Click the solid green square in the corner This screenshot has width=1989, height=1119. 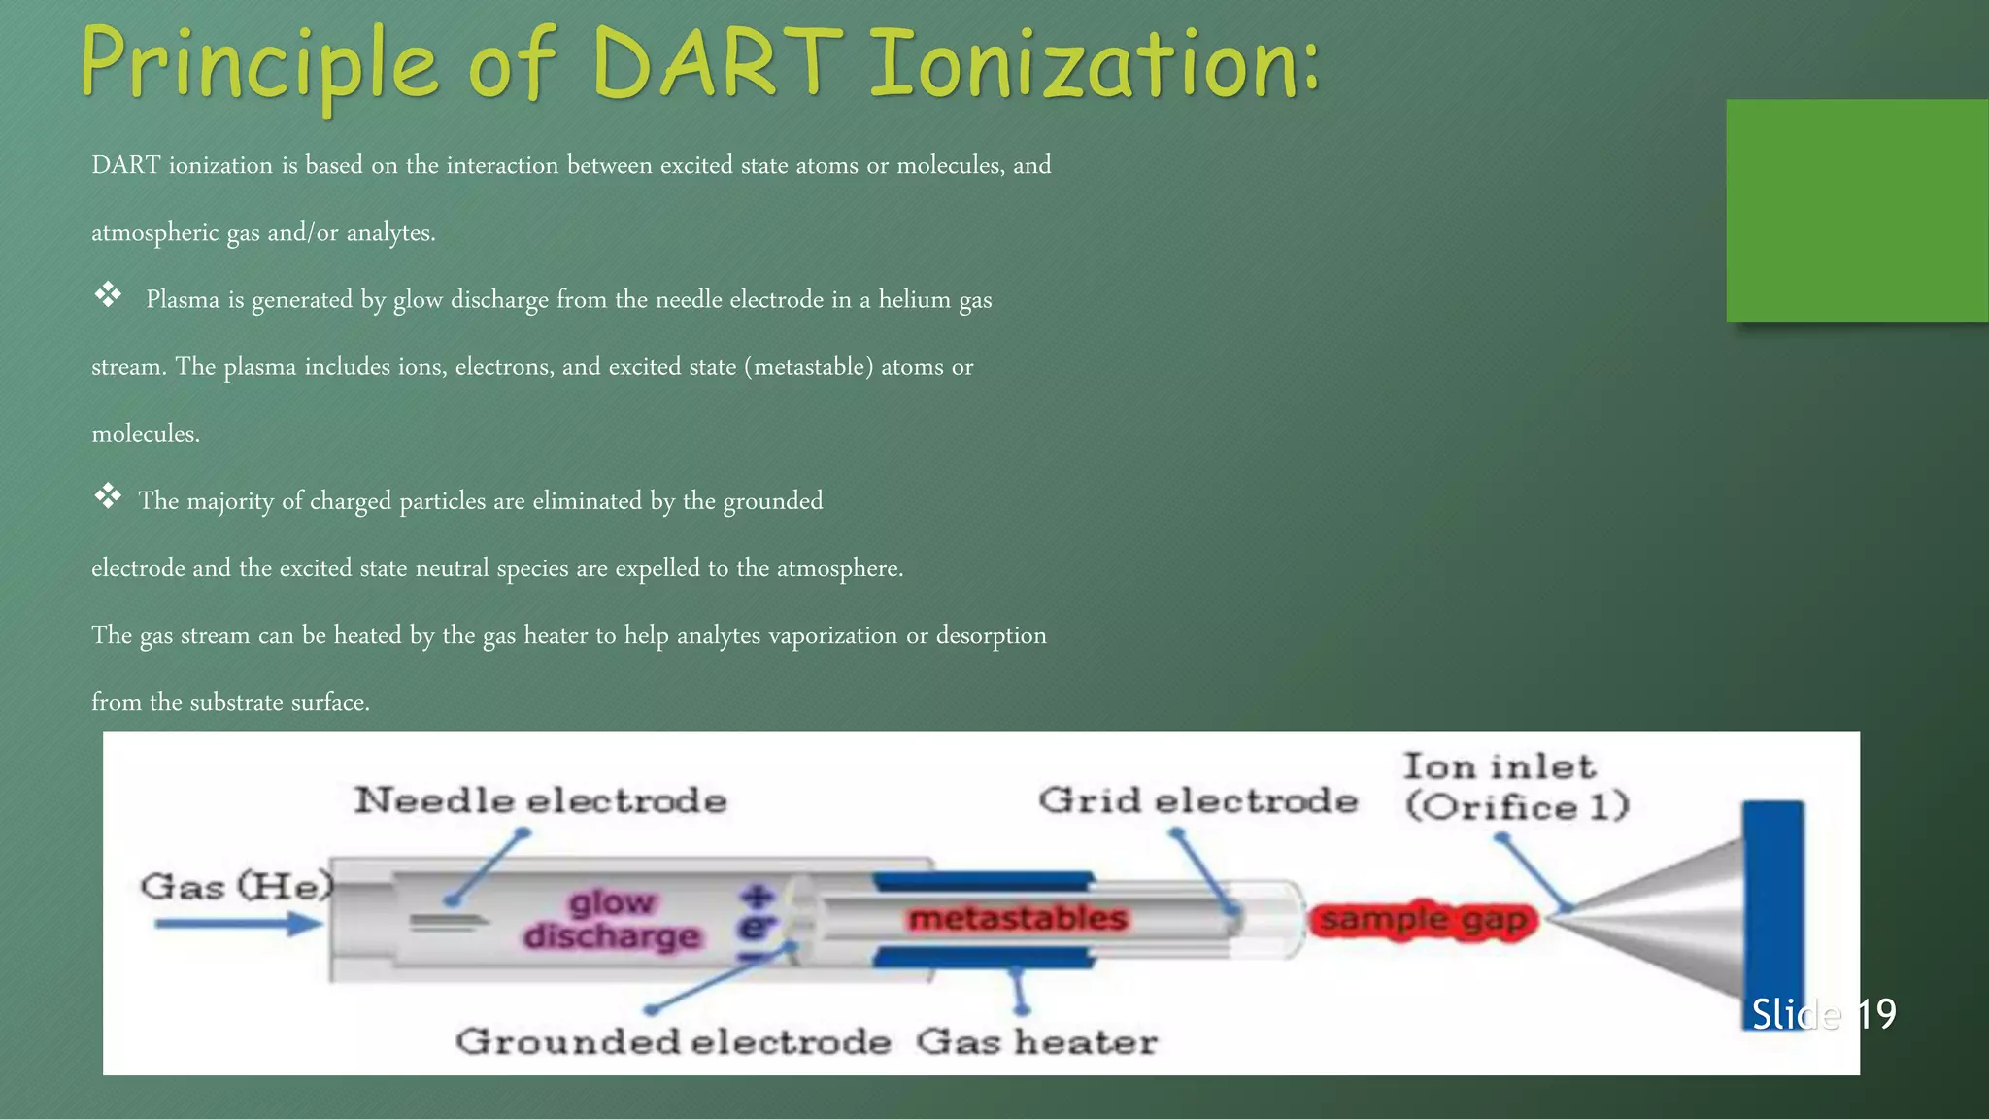1856,210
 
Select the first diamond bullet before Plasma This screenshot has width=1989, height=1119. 108,294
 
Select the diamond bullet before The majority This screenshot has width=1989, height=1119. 108,496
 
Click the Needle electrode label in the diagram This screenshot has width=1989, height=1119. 540,800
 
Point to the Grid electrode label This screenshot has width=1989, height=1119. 1197,800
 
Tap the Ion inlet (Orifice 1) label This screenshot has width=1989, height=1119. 1515,787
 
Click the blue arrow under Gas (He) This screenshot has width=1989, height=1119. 239,924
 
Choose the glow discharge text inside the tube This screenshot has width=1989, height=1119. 612,919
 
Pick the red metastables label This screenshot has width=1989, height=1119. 1017,918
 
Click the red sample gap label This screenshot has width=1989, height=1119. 1424,919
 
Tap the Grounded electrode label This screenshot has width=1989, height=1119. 673,1041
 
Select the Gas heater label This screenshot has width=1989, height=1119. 1036,1041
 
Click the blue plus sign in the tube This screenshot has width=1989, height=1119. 758,896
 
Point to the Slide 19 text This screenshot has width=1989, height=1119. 1823,1014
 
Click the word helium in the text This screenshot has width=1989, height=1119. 914,299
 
